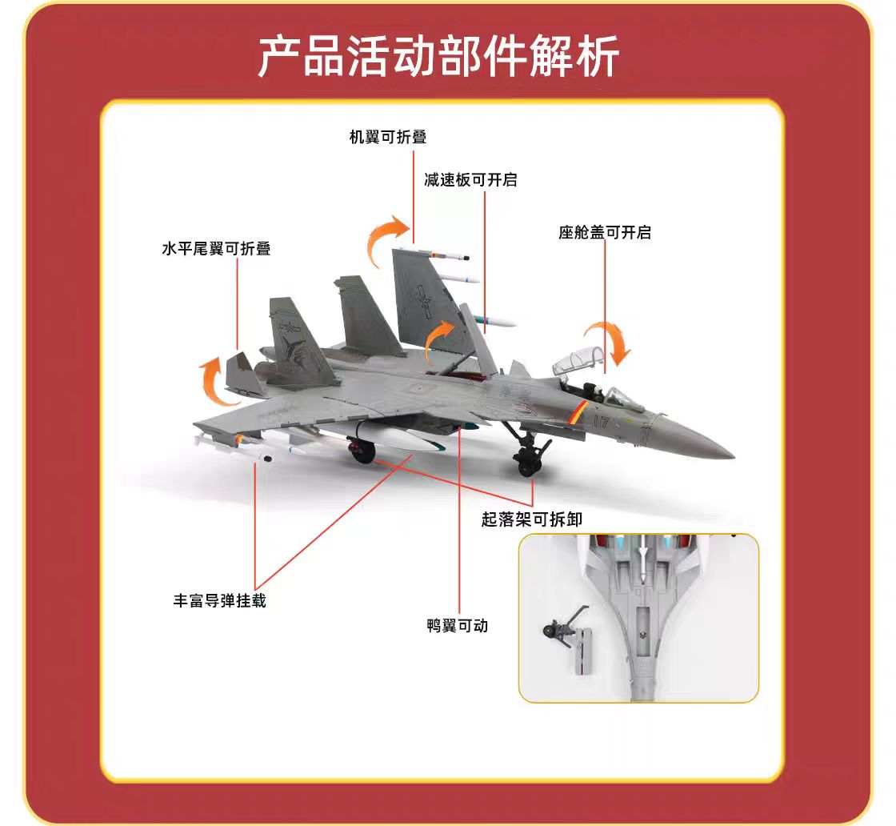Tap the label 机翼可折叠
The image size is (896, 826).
388,137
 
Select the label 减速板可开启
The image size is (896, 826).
470,179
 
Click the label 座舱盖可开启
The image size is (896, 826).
605,232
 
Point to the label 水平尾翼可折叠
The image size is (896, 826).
216,248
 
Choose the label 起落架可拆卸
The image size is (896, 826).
532,519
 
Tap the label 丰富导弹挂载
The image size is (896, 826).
220,599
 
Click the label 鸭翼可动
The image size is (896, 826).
458,625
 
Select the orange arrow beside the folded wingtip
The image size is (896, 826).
389,239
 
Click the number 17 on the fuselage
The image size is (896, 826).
601,421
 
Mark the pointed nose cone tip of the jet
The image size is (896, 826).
730,455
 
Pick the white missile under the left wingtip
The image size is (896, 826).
232,450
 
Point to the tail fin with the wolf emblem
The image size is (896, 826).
296,340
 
